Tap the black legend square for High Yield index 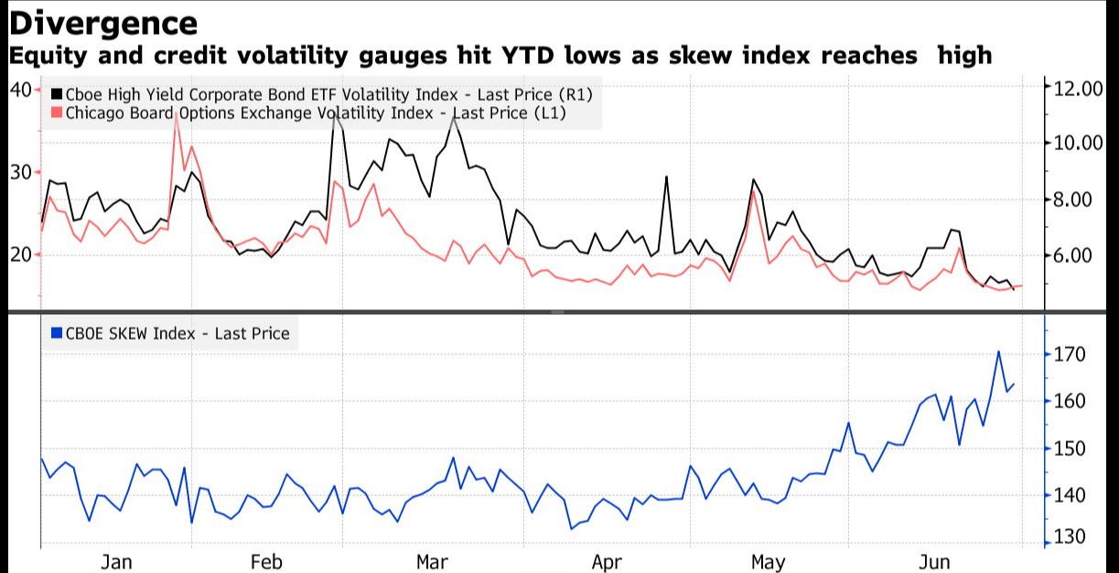[56, 94]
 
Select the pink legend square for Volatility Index [56, 113]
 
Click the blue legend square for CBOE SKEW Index [56, 334]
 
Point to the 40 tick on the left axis [19, 89]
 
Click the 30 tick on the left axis [19, 172]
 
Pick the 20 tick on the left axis [19, 254]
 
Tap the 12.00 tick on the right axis [1080, 89]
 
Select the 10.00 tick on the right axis [1080, 143]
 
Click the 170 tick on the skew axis [1069, 354]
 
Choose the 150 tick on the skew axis [1069, 449]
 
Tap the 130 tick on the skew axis [1069, 537]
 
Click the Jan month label [116, 561]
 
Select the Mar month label [431, 561]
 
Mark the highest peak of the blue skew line [998, 351]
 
